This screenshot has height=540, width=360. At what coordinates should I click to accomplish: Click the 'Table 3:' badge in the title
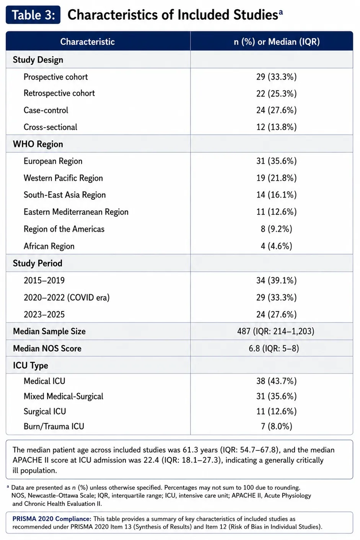click(33, 15)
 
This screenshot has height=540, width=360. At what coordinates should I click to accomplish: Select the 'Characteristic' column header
click(88, 42)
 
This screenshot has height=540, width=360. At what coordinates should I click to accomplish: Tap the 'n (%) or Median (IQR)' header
click(277, 42)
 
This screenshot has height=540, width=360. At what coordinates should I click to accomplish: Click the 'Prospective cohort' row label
click(55, 77)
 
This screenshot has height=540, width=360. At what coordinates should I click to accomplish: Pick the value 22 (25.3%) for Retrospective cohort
click(276, 93)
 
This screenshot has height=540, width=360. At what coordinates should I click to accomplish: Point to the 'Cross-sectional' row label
click(50, 127)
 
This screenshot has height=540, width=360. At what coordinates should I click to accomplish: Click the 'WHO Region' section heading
click(38, 144)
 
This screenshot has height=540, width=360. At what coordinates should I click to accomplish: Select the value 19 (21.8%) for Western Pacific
click(276, 178)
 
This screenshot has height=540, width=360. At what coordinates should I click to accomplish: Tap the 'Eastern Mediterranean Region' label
click(76, 212)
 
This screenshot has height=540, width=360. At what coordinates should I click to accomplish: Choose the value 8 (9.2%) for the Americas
click(276, 229)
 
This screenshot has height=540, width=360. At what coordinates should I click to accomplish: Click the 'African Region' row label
click(49, 246)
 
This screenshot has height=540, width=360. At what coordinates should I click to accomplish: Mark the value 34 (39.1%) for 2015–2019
click(276, 281)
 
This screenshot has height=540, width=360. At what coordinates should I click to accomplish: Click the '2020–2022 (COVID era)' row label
click(67, 297)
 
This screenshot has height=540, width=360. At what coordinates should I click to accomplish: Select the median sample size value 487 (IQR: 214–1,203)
click(276, 331)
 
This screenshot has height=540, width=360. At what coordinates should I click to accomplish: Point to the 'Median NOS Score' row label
click(47, 348)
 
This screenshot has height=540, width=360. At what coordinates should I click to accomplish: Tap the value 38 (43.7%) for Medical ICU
click(276, 381)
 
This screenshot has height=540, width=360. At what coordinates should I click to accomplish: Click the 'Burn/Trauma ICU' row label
click(54, 426)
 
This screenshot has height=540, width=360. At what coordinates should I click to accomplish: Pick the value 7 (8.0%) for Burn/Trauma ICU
click(276, 426)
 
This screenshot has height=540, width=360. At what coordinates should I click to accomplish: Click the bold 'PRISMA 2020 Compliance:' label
click(52, 519)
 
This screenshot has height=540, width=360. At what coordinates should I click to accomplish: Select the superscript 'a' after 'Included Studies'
click(281, 12)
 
